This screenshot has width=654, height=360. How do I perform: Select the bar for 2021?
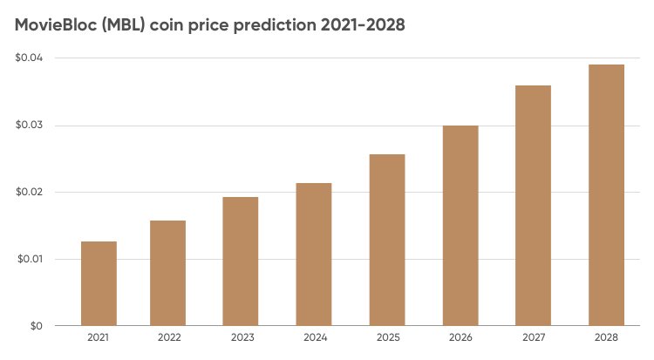click(99, 283)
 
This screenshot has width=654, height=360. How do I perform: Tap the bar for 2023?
click(240, 262)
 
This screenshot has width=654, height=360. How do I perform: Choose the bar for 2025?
click(386, 240)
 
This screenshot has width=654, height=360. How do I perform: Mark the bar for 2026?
click(460, 226)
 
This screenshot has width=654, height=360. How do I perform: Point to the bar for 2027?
click(533, 206)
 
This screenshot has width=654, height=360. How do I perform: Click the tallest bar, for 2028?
click(605, 195)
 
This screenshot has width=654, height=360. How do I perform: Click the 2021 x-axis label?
click(99, 336)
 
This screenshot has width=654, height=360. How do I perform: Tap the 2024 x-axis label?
click(313, 336)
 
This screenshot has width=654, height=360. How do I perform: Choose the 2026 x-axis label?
click(460, 336)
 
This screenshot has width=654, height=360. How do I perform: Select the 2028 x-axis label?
click(605, 336)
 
